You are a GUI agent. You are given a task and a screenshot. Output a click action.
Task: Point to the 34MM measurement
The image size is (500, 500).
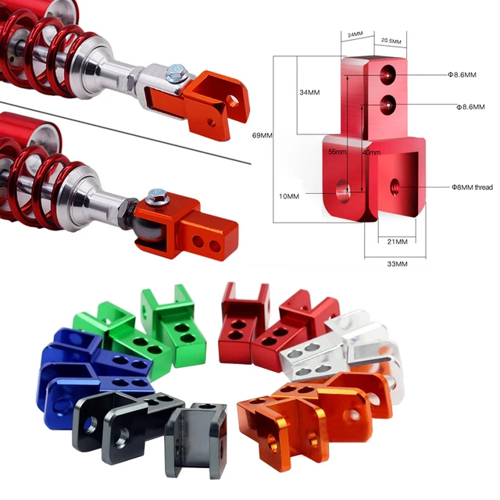(309, 92)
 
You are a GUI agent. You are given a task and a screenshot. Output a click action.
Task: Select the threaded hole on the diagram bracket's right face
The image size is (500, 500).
(395, 186)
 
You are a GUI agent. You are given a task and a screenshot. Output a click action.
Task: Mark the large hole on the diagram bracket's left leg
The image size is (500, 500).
(341, 188)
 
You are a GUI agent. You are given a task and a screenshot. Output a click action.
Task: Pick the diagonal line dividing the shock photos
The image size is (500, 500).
(125, 133)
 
